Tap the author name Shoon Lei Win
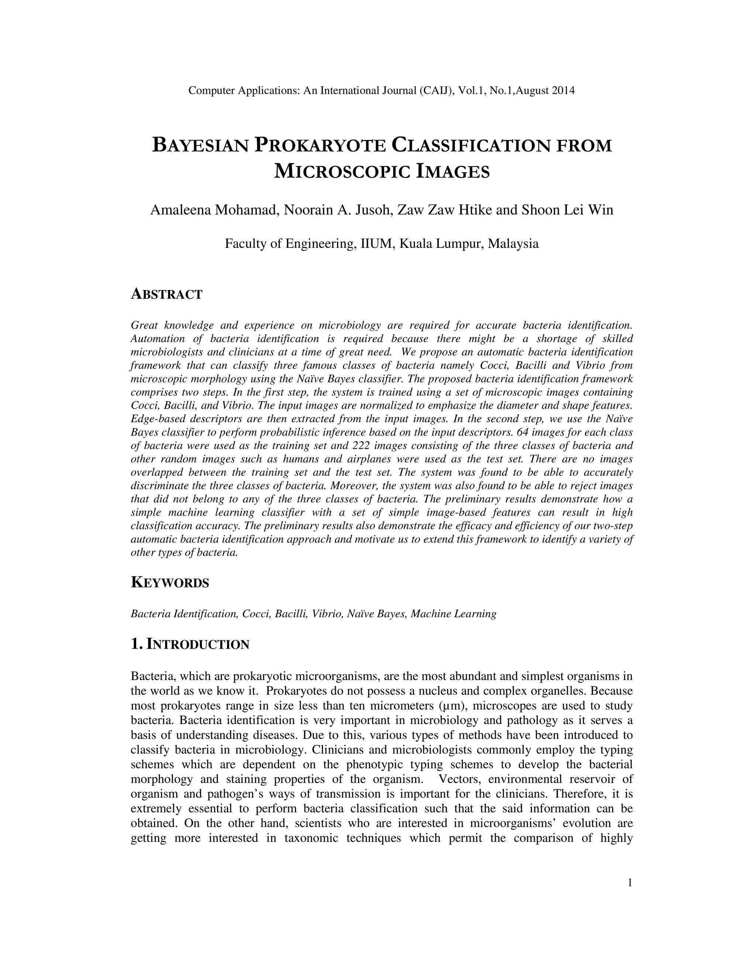coord(567,210)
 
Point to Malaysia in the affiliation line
coord(513,244)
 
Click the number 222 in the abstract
coord(361,446)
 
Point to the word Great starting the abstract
coord(142,325)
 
